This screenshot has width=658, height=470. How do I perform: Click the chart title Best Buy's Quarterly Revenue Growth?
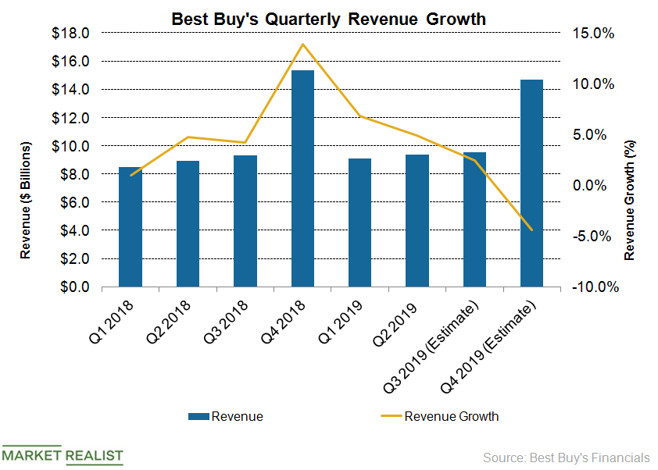[x=328, y=16]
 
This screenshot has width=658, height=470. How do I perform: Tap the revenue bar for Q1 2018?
[x=131, y=226]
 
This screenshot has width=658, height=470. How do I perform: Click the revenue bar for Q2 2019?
[x=417, y=220]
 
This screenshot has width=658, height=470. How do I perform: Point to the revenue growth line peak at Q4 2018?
[x=302, y=44]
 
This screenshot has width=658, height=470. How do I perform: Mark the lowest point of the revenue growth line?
[x=531, y=230]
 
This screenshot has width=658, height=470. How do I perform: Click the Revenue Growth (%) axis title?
[x=630, y=201]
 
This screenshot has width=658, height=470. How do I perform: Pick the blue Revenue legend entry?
[x=226, y=416]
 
